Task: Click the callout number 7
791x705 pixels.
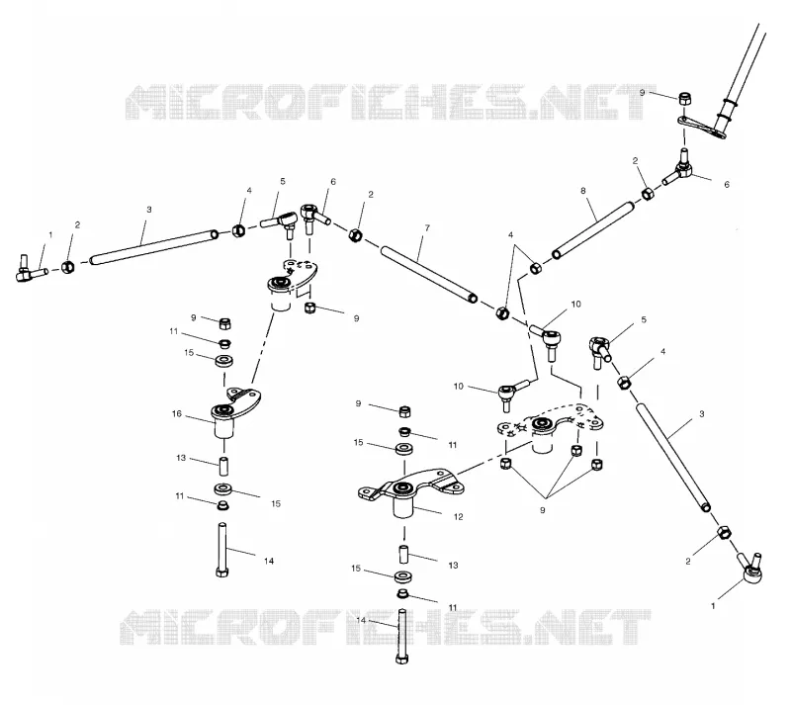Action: (x=427, y=228)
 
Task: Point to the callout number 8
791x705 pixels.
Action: (x=583, y=191)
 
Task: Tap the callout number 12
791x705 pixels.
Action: (x=458, y=517)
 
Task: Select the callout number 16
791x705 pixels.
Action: (x=177, y=414)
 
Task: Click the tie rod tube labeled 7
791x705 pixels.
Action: (x=429, y=274)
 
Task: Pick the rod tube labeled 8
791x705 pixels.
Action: (x=593, y=229)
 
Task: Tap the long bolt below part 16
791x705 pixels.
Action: (x=221, y=550)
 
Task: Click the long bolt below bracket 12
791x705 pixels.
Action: (x=402, y=637)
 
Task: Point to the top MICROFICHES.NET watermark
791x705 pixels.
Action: (x=391, y=103)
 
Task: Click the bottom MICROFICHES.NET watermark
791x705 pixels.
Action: (x=386, y=627)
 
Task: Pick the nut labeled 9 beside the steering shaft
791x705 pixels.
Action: (x=684, y=98)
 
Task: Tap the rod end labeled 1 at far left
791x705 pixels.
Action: (x=31, y=269)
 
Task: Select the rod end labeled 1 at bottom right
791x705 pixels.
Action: (x=750, y=569)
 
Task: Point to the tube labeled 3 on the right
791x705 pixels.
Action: (x=673, y=458)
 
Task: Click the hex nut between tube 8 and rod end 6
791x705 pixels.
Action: (x=648, y=194)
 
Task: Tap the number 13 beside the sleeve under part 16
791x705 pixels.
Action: (x=181, y=458)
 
